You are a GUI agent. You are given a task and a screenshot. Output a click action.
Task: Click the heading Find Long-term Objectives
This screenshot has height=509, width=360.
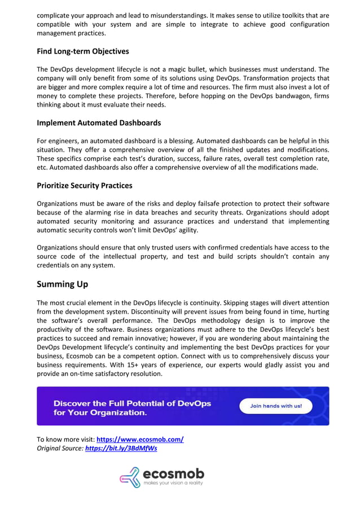[x=83, y=51]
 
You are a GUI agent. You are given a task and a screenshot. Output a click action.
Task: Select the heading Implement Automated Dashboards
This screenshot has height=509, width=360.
[x=99, y=122]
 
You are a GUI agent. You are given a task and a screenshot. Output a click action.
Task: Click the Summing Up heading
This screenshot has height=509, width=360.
[x=63, y=284]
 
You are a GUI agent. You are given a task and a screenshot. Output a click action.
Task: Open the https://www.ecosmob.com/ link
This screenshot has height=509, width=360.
[x=140, y=440]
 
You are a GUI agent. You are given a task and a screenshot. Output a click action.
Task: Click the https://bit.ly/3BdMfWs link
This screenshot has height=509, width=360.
[x=121, y=449]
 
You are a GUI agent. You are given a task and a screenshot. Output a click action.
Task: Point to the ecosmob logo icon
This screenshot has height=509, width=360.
[x=130, y=477]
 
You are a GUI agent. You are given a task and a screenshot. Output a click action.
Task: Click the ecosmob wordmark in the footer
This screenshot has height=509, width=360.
[x=173, y=473]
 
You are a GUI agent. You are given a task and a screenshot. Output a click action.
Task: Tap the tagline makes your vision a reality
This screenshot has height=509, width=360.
[x=173, y=484]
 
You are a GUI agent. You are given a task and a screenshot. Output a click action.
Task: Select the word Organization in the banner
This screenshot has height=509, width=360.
[x=112, y=413]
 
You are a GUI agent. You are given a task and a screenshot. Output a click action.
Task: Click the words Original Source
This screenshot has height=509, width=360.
[x=59, y=449]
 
